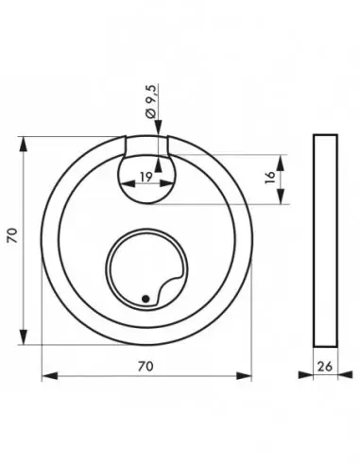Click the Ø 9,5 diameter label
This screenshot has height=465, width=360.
pyautogui.click(x=151, y=101)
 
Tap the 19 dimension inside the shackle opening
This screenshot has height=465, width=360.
pyautogui.click(x=146, y=177)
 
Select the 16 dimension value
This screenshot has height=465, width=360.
pyautogui.click(x=270, y=178)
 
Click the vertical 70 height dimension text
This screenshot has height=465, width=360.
pyautogui.click(x=13, y=235)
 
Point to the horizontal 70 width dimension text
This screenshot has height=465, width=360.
pyautogui.click(x=146, y=366)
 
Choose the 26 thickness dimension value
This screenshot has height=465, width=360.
pyautogui.click(x=325, y=367)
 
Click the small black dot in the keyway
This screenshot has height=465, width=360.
pyautogui.click(x=146, y=299)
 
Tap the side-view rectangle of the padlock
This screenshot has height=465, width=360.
pyautogui.click(x=325, y=241)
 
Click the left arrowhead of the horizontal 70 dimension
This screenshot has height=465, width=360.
pyautogui.click(x=50, y=376)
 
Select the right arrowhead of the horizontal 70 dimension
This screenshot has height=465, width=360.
pyautogui.click(x=244, y=376)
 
